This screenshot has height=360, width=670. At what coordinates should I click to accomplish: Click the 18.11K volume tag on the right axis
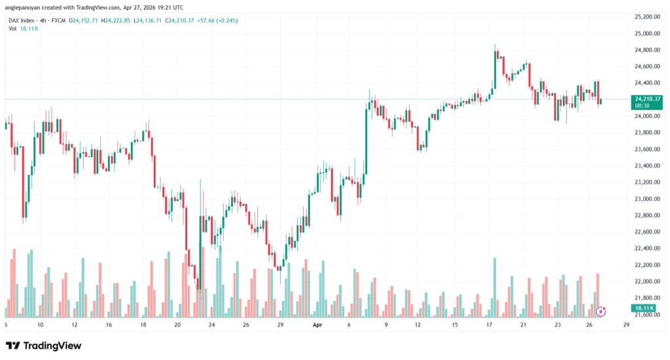(644, 308)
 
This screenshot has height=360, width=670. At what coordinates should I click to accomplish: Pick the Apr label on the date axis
(317, 325)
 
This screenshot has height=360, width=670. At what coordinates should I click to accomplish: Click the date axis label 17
(489, 325)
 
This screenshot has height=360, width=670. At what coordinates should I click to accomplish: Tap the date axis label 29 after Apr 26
(626, 325)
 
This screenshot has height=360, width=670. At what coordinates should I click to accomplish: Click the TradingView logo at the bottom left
(44, 345)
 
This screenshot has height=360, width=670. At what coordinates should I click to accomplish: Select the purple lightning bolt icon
(601, 311)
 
